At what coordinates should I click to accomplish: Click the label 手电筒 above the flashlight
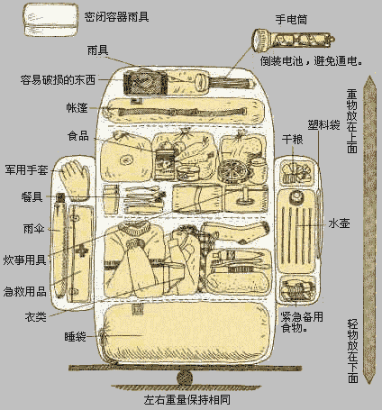[x=291, y=20]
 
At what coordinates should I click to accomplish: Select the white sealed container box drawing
[x=51, y=20]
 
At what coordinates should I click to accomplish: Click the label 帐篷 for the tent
[x=77, y=108]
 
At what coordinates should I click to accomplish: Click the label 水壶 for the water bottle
[x=339, y=223]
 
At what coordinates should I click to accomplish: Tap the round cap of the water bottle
[x=296, y=196]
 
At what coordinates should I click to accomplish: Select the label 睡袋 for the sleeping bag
[x=75, y=336]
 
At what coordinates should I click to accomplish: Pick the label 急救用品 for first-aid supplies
[x=24, y=291]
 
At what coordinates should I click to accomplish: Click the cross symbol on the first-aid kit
[x=81, y=251]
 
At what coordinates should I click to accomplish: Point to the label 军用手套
[x=26, y=170]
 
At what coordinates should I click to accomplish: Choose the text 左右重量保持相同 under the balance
[x=186, y=400]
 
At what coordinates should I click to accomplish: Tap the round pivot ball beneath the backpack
[x=185, y=378]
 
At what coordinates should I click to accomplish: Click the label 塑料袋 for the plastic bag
[x=323, y=124]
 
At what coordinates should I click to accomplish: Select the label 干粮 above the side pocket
[x=292, y=140]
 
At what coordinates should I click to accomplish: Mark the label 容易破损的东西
[x=58, y=80]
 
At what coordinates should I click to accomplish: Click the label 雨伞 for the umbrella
[x=33, y=229]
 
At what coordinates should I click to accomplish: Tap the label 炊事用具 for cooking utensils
[x=24, y=260]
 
